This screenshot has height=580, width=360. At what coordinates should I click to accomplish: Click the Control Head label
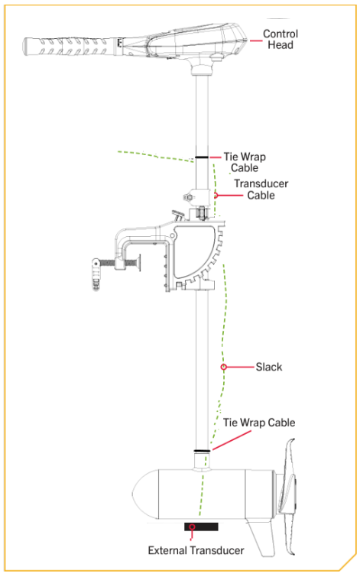pos(280,39)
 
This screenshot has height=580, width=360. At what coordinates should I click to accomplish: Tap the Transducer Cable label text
pos(261,190)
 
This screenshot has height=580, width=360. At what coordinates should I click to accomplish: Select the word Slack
pos(269,367)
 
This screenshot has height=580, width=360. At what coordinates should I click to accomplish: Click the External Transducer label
pos(196,550)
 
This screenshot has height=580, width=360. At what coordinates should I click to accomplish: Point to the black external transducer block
pos(201,527)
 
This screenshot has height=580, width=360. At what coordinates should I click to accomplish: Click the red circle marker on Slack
pos(223,367)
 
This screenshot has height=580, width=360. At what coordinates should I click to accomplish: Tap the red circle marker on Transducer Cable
pos(216,195)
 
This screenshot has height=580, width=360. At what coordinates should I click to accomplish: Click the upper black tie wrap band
pos(202,157)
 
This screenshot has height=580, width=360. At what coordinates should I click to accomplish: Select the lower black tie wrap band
pos(202,451)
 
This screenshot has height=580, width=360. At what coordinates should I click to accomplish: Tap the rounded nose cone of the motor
pos(145,494)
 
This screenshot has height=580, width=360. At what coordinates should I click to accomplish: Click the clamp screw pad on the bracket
pos(138,263)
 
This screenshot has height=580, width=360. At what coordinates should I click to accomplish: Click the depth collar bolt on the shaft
pos(189,197)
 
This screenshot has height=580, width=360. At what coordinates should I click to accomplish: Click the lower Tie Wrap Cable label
pos(259,423)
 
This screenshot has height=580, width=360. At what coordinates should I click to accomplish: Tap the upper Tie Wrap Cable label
pos(245,162)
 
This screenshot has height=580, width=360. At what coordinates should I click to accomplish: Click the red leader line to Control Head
pos(255,41)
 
